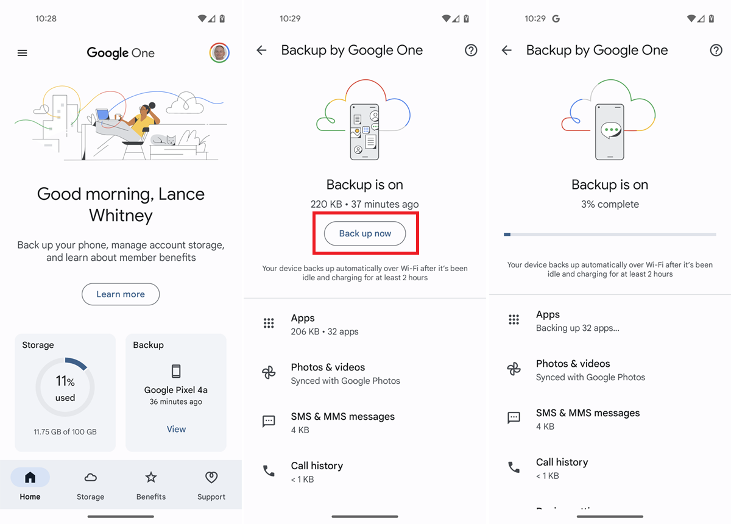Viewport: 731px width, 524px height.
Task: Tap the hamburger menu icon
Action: point(23,53)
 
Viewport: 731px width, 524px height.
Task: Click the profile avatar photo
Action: point(219,53)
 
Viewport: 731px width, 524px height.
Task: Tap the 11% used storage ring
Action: point(65,387)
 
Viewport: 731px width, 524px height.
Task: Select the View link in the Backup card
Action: point(176,429)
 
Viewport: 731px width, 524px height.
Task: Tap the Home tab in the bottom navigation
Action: point(30,484)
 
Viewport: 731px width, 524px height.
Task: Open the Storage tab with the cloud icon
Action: point(90,484)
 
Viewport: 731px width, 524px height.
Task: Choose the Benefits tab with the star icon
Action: point(151,484)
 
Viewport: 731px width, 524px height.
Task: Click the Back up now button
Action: point(365,233)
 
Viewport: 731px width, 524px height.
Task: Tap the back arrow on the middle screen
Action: point(262,51)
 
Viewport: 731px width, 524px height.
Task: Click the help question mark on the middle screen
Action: point(471,51)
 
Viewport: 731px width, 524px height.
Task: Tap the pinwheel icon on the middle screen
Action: point(269,374)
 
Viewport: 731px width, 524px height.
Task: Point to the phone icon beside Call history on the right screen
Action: point(514,467)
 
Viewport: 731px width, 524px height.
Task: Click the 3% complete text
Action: point(610,204)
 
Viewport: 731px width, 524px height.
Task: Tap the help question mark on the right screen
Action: point(716,51)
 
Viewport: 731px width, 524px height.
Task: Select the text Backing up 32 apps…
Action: point(577,328)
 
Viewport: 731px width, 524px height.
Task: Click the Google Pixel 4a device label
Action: point(176,390)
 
